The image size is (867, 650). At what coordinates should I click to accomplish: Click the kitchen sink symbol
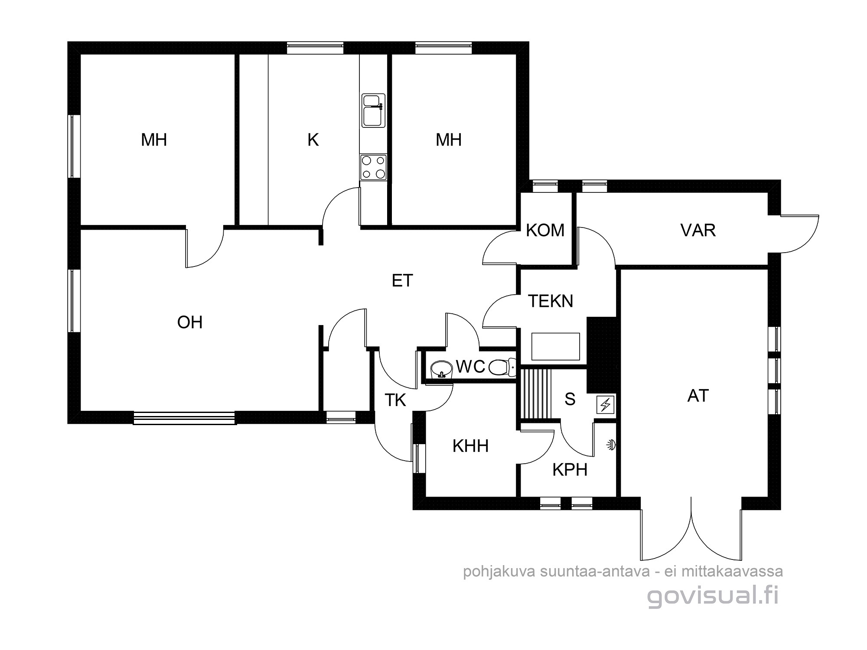click(373, 111)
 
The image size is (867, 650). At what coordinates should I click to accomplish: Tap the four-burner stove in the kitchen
click(373, 167)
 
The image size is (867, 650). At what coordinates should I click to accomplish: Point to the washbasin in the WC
click(442, 369)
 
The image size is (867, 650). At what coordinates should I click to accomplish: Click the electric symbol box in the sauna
click(605, 405)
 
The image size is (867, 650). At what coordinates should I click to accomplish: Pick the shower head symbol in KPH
click(612, 445)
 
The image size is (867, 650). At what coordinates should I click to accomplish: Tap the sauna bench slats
click(536, 393)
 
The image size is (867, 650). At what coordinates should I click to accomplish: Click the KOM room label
click(545, 231)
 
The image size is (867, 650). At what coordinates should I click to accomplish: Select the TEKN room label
click(551, 301)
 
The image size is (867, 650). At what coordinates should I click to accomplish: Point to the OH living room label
click(190, 322)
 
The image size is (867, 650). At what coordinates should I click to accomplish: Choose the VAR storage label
click(698, 231)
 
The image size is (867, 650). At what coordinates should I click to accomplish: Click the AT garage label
click(698, 396)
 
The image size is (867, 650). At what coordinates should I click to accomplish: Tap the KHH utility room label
click(470, 446)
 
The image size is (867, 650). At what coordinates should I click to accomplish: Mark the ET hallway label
click(402, 281)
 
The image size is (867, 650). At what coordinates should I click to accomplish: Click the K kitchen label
click(313, 140)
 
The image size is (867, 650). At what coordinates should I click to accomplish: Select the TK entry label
click(395, 400)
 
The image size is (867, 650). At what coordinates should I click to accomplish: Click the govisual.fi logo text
click(713, 597)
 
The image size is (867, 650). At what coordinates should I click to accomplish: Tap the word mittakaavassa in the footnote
click(732, 572)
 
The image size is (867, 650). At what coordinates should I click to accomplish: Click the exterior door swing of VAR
click(800, 234)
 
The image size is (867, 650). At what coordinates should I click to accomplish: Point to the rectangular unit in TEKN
click(556, 347)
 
